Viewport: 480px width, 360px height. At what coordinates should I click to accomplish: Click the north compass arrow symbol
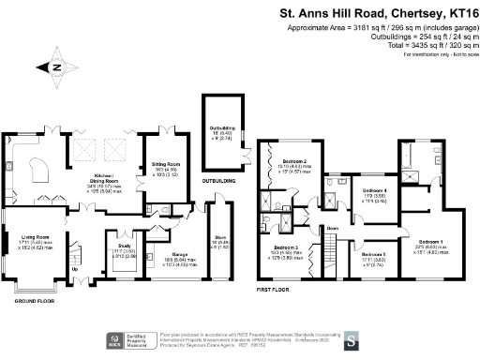pos(53,67)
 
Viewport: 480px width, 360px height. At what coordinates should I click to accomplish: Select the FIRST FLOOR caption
pos(278,291)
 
